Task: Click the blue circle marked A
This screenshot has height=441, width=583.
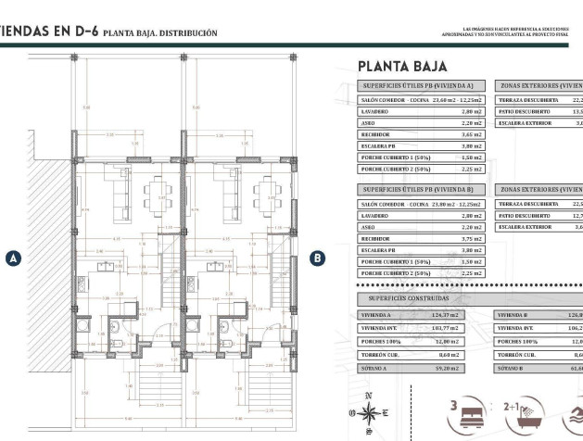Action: [x=13, y=258]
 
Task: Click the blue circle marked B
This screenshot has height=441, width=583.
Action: [x=317, y=258]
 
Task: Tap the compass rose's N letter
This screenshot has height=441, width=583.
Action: [x=368, y=396]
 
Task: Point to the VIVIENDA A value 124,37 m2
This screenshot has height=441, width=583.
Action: [x=470, y=315]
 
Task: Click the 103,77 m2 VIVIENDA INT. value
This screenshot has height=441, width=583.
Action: [x=470, y=328]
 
